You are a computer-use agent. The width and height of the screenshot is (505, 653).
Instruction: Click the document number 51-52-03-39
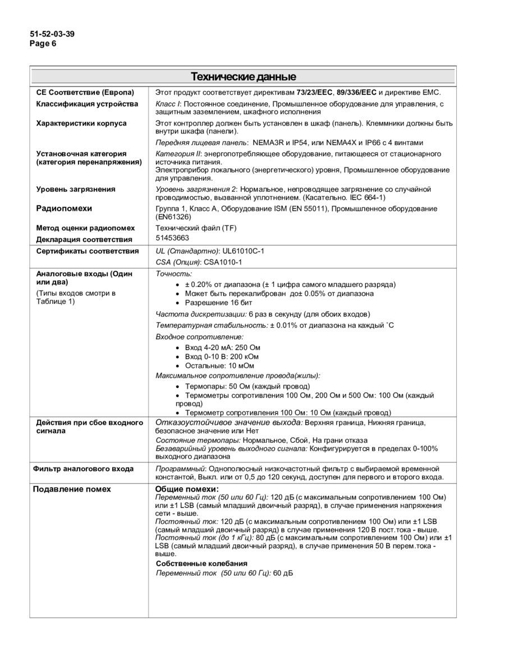tap(52, 34)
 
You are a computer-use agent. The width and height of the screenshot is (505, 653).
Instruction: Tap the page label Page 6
tap(43, 43)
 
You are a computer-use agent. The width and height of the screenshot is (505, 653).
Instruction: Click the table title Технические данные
tap(243, 76)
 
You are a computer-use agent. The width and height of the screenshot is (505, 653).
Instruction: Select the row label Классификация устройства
tap(87, 104)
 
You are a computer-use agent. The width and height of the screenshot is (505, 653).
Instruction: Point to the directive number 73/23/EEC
tap(315, 92)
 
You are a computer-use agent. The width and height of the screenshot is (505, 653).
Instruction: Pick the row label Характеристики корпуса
tap(81, 123)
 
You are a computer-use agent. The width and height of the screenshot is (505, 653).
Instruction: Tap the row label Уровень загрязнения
tap(76, 189)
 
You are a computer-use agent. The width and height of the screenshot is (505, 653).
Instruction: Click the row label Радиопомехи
tap(64, 209)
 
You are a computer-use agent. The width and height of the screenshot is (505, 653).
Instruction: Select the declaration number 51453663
tap(172, 238)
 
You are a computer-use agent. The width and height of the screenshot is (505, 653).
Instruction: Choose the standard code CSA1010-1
tap(223, 262)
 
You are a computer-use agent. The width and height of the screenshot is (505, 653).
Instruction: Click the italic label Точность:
tap(173, 274)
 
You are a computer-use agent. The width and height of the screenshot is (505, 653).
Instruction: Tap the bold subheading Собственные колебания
tap(201, 563)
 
